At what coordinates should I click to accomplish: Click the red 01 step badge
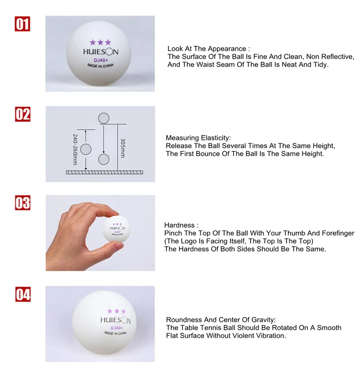click(x=22, y=24)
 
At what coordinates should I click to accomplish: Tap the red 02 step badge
click(x=22, y=114)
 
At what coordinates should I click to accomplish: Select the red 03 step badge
click(x=22, y=203)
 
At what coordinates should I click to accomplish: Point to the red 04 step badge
click(x=23, y=294)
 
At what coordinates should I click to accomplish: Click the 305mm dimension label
click(x=123, y=148)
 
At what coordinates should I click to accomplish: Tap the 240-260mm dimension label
click(x=75, y=150)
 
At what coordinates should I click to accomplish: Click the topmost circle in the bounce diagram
click(x=103, y=118)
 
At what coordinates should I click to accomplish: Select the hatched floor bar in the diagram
click(x=104, y=172)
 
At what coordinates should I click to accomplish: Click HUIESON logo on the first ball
click(x=100, y=52)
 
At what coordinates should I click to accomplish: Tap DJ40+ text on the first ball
click(x=101, y=60)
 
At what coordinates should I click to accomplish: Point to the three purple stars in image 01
click(x=100, y=42)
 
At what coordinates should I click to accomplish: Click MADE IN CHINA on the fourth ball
click(x=115, y=333)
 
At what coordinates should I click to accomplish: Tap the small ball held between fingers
click(x=117, y=229)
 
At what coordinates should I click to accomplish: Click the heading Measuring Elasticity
click(x=198, y=138)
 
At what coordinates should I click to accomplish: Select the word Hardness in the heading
click(x=180, y=225)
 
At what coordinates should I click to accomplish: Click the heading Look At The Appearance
click(x=208, y=49)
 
